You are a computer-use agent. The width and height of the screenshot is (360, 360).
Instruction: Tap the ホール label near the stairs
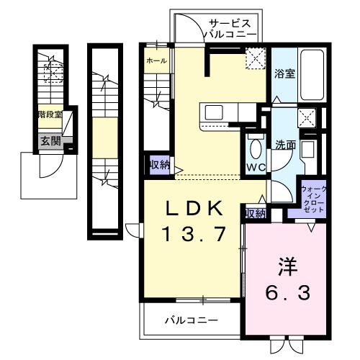[156, 61]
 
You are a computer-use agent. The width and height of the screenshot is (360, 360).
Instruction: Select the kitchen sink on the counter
[215, 112]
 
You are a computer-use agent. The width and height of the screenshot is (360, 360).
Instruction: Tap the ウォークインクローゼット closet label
[314, 198]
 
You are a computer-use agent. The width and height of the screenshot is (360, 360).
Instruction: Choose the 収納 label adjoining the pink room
[255, 214]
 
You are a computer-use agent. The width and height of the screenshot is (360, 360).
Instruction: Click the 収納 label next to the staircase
[159, 165]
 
